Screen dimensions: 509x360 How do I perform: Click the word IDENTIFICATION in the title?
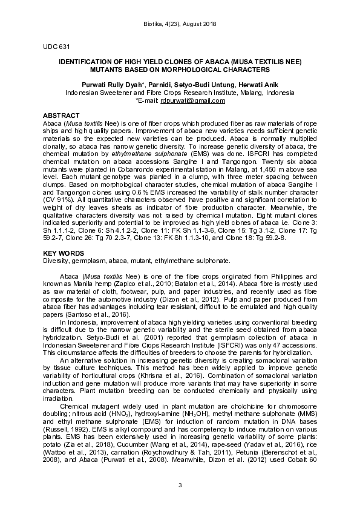87,62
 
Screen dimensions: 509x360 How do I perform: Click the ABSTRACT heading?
61,115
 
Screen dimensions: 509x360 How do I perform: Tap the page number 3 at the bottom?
180,485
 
